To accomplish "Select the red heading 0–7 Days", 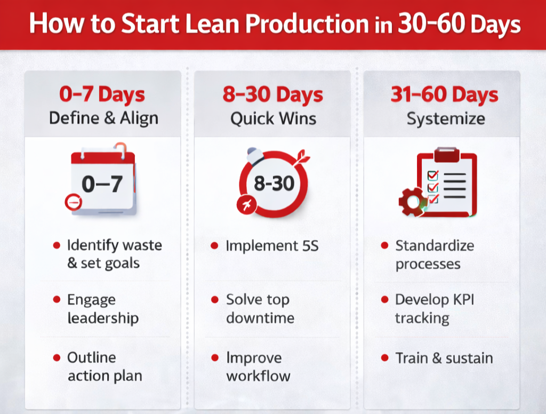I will click(102, 95).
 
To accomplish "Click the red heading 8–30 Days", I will click(273, 95).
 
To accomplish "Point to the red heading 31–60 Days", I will click(445, 95).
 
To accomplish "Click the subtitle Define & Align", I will click(103, 118).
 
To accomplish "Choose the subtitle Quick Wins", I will click(273, 118).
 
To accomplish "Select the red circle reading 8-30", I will click(274, 184).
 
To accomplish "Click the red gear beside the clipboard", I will click(411, 202).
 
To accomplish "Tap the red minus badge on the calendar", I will click(73, 202).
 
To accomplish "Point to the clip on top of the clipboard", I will click(447, 155).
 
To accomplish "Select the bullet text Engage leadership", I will click(102, 309).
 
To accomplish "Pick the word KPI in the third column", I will click(461, 299).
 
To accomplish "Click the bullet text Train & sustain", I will click(444, 357).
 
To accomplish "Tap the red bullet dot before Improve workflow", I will click(215, 357).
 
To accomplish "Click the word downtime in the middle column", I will click(260, 318).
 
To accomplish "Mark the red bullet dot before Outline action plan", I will click(57, 357).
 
